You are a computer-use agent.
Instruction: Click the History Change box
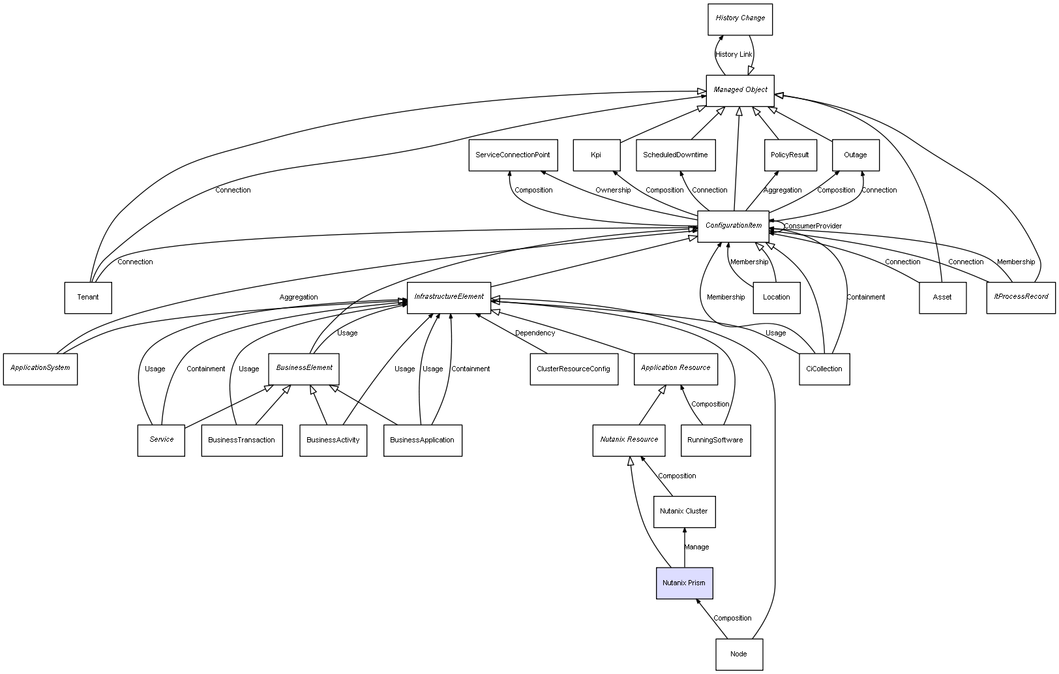click(x=740, y=19)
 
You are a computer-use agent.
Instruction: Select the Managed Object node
click(x=740, y=90)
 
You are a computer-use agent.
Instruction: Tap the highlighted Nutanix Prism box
click(x=684, y=583)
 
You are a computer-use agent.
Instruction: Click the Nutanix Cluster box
click(x=684, y=512)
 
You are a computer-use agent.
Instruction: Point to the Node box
click(x=739, y=654)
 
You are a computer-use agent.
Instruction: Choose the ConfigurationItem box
click(x=734, y=226)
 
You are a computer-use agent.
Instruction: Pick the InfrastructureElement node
click(x=449, y=297)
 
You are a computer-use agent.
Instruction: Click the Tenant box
click(x=88, y=298)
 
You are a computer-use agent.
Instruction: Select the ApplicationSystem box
click(x=40, y=369)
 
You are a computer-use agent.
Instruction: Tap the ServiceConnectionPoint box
click(x=513, y=155)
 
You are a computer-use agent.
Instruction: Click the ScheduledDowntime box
click(x=676, y=155)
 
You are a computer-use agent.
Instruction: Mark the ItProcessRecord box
click(x=1021, y=297)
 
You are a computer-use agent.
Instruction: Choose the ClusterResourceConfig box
click(x=574, y=369)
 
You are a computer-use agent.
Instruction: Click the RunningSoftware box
click(x=715, y=440)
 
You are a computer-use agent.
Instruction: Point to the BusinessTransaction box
click(x=242, y=440)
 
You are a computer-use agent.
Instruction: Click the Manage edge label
click(x=697, y=547)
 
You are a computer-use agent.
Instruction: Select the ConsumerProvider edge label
click(x=813, y=226)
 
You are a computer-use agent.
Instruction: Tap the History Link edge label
click(x=734, y=54)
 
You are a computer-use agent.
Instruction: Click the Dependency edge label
click(x=535, y=333)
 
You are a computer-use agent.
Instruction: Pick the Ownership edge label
click(x=613, y=190)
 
